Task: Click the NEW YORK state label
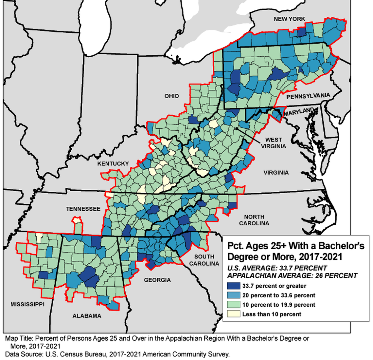(289, 19)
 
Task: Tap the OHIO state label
(171, 96)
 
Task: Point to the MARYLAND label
(299, 112)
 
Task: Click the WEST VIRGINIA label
(273, 143)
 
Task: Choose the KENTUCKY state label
(113, 163)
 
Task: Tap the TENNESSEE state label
(83, 209)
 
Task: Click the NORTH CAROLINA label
(254, 220)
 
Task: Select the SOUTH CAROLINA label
(204, 260)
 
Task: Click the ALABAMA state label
(87, 316)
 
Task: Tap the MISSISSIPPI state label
(27, 304)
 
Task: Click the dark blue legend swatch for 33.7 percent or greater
(234, 286)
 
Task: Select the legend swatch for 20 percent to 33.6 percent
(234, 295)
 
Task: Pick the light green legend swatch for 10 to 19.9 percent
(234, 305)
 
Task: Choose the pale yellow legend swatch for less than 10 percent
(234, 314)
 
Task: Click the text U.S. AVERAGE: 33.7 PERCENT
(277, 268)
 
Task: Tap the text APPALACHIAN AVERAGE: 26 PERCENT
(292, 276)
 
